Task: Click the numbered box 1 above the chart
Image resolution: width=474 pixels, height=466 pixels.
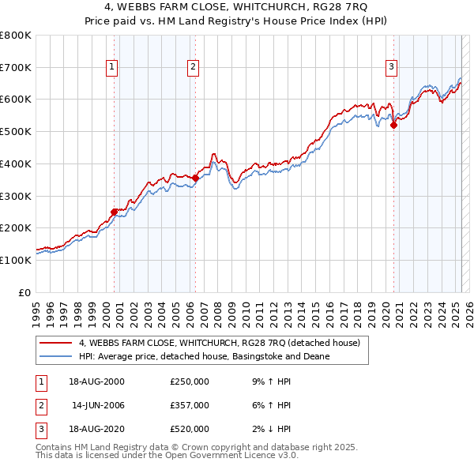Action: (x=113, y=68)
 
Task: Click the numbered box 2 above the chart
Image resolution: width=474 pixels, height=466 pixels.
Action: (x=193, y=68)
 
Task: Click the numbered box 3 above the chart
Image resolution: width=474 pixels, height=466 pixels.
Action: (x=391, y=68)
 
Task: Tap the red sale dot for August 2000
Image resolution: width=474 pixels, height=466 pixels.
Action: (x=115, y=211)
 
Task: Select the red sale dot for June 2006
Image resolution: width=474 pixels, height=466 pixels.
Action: (x=195, y=178)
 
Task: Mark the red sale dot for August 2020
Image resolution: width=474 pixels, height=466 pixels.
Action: (x=393, y=124)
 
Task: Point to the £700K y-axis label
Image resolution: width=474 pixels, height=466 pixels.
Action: (x=16, y=67)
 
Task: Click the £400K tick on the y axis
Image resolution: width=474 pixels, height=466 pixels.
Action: (x=16, y=163)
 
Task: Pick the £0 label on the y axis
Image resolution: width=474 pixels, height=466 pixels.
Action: (x=25, y=292)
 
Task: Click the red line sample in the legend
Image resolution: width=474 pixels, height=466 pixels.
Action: (x=55, y=343)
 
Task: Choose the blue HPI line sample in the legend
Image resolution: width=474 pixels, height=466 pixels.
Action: (x=55, y=356)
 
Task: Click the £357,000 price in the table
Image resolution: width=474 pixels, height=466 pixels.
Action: (x=190, y=405)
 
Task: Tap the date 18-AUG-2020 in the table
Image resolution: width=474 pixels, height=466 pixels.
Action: (x=96, y=429)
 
